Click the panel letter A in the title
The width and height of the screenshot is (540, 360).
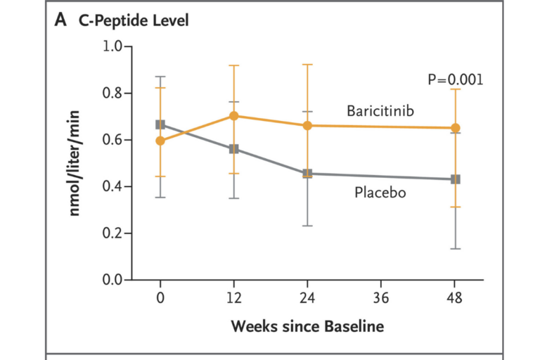pyautogui.click(x=60, y=20)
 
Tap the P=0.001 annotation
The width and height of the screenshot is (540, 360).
pyautogui.click(x=455, y=79)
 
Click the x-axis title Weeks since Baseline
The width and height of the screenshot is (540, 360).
pyautogui.click(x=308, y=327)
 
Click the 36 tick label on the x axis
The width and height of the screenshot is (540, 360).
pyautogui.click(x=381, y=297)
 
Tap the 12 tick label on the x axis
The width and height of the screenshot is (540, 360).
pyautogui.click(x=234, y=297)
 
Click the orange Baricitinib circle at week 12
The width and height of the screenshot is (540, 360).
pyautogui.click(x=234, y=116)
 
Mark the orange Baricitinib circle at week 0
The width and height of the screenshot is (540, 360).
pyautogui.click(x=160, y=141)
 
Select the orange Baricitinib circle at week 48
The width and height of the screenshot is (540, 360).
pyautogui.click(x=455, y=128)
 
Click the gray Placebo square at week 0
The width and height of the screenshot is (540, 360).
pyautogui.click(x=160, y=124)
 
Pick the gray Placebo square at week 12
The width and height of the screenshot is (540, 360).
pyautogui.click(x=234, y=149)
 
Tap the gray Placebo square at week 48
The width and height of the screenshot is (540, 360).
pyautogui.click(x=455, y=179)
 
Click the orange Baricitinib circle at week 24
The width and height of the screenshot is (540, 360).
pyautogui.click(x=307, y=126)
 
